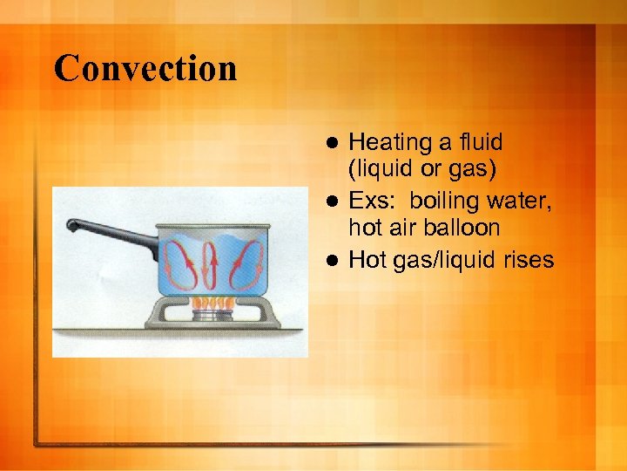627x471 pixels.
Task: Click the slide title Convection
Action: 145,69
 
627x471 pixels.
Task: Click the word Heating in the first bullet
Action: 390,142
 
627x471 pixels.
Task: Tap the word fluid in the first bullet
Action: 477,142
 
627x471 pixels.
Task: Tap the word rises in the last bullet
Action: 526,259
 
